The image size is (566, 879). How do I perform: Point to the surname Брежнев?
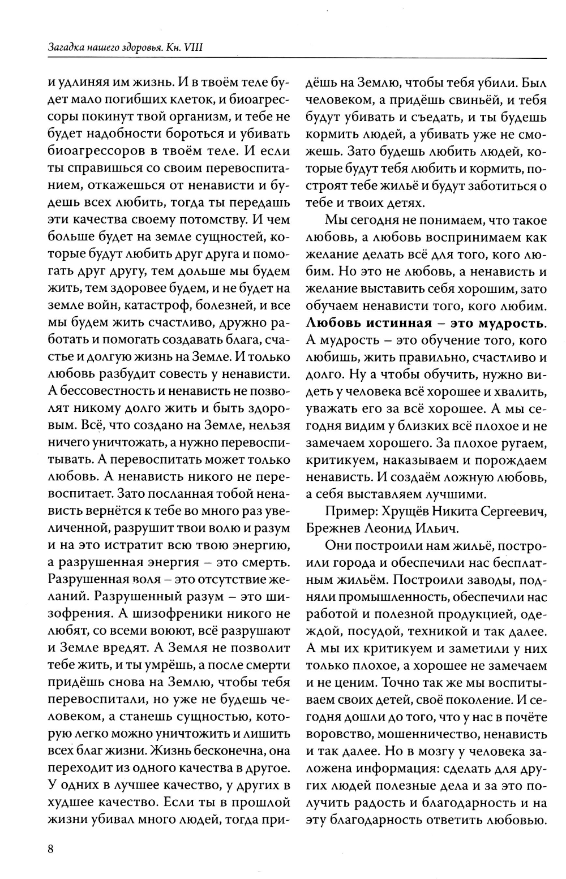tap(331, 528)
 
